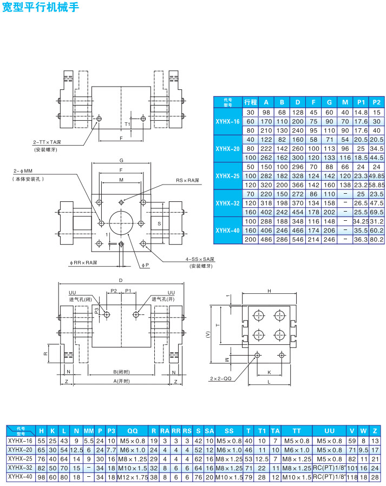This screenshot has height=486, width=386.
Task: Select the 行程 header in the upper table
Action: click(250, 102)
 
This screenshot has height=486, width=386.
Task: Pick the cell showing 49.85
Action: click(377, 176)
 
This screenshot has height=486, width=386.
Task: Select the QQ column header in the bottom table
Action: click(132, 431)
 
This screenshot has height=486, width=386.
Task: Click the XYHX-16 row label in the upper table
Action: click(227, 121)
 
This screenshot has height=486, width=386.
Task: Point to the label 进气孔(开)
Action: click(162, 299)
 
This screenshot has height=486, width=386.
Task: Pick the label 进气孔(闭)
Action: click(80, 299)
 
